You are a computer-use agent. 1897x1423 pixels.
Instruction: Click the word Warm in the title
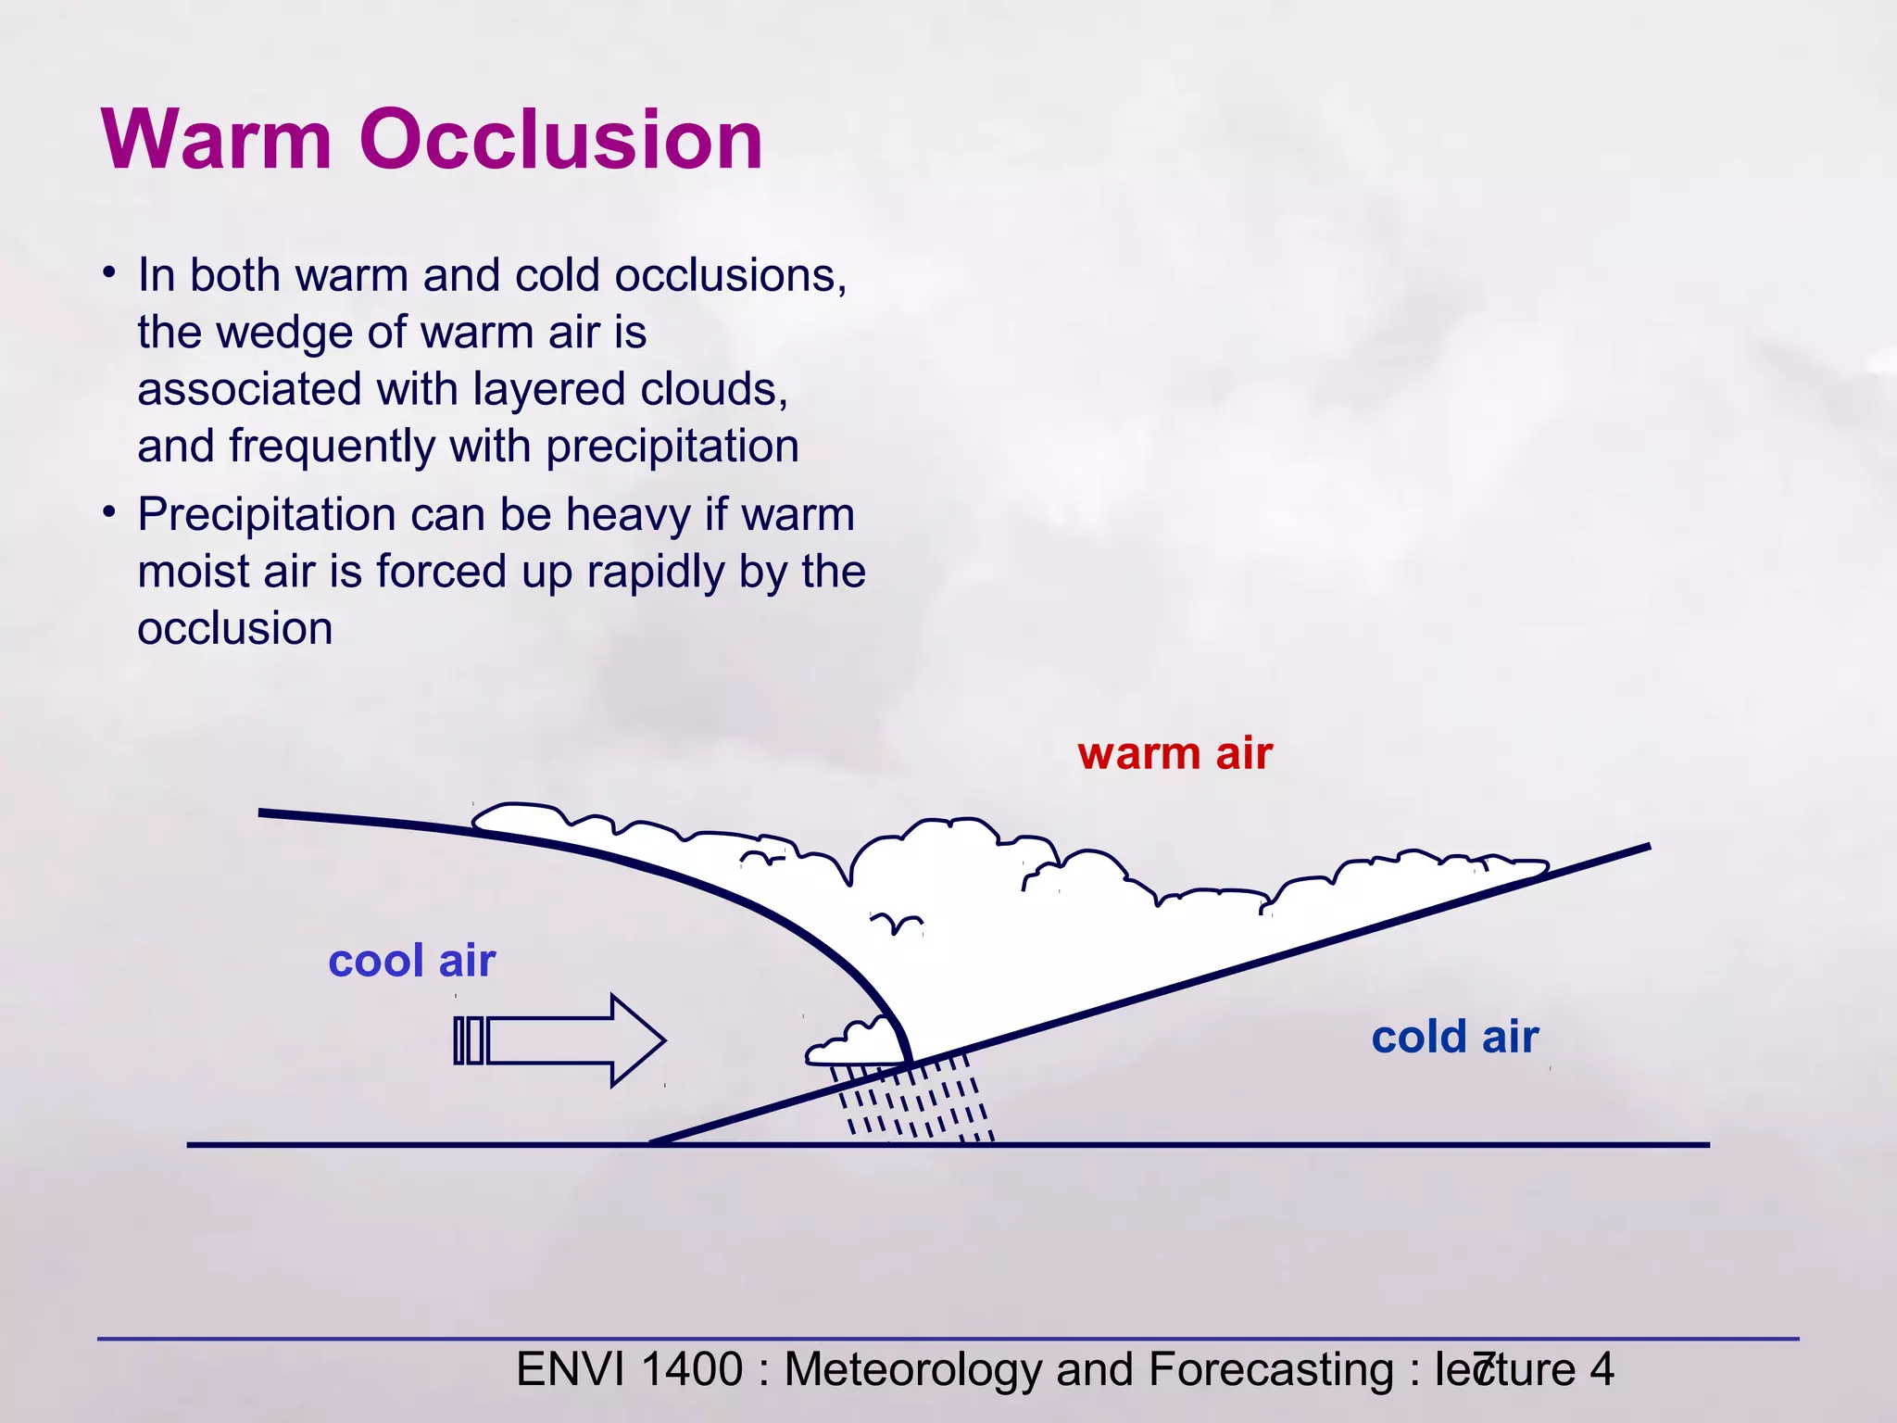pyautogui.click(x=217, y=140)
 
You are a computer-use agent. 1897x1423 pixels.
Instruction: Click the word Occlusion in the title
pyautogui.click(x=560, y=140)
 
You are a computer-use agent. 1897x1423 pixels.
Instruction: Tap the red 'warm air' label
pyautogui.click(x=1175, y=753)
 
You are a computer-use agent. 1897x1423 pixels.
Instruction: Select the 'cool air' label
pyautogui.click(x=412, y=961)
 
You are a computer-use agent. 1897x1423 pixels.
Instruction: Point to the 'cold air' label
pyautogui.click(x=1454, y=1037)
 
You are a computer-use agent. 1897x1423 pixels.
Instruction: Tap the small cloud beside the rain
pyautogui.click(x=854, y=1044)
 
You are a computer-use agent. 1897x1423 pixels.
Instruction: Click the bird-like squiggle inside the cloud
pyautogui.click(x=896, y=922)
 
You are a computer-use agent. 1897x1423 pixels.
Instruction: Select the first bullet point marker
pyautogui.click(x=109, y=273)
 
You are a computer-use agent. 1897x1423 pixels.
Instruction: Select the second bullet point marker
pyautogui.click(x=109, y=512)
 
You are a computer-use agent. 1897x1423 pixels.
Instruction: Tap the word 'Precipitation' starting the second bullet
pyautogui.click(x=267, y=515)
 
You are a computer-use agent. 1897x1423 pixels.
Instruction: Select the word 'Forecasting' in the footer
pyautogui.click(x=1270, y=1370)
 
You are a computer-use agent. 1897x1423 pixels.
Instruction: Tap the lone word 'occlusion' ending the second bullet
pyautogui.click(x=235, y=629)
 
